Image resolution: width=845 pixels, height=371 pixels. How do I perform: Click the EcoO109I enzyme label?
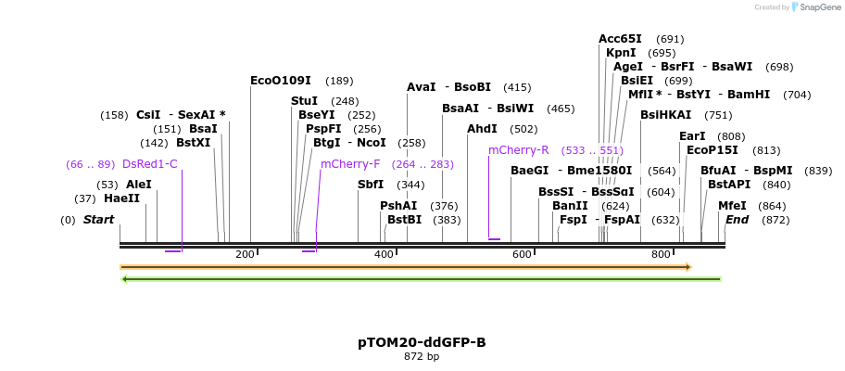[x=281, y=81]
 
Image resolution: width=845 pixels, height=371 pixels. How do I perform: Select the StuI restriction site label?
[x=304, y=101]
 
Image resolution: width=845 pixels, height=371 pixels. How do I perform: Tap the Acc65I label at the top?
[x=620, y=39]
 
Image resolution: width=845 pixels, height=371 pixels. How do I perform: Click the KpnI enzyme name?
[x=621, y=53]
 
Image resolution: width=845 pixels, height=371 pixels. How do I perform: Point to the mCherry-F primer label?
[x=350, y=164]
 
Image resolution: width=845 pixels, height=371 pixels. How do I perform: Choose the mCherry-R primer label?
[x=519, y=150]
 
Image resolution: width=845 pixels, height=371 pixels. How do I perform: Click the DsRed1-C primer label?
[x=150, y=164]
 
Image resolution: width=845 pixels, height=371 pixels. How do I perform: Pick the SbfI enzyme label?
[x=371, y=185]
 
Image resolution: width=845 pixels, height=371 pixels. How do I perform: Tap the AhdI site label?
[x=482, y=129]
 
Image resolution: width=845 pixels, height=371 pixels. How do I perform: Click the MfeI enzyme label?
[x=732, y=206]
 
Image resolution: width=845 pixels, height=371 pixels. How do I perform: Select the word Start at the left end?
[x=99, y=220]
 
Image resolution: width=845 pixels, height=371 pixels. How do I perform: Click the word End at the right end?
[x=737, y=220]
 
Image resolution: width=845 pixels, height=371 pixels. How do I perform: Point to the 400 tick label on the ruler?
[x=384, y=254]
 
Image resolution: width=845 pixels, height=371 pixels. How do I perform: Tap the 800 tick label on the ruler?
[x=661, y=254]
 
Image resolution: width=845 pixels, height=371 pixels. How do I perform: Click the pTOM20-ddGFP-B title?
[x=422, y=342]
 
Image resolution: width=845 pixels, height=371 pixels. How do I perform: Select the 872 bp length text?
[x=422, y=357]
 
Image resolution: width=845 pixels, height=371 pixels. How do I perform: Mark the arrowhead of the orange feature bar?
[x=688, y=267]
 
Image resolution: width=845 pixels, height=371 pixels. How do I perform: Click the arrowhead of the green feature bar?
[x=125, y=278]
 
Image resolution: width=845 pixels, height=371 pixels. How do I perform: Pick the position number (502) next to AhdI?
[x=523, y=129]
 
